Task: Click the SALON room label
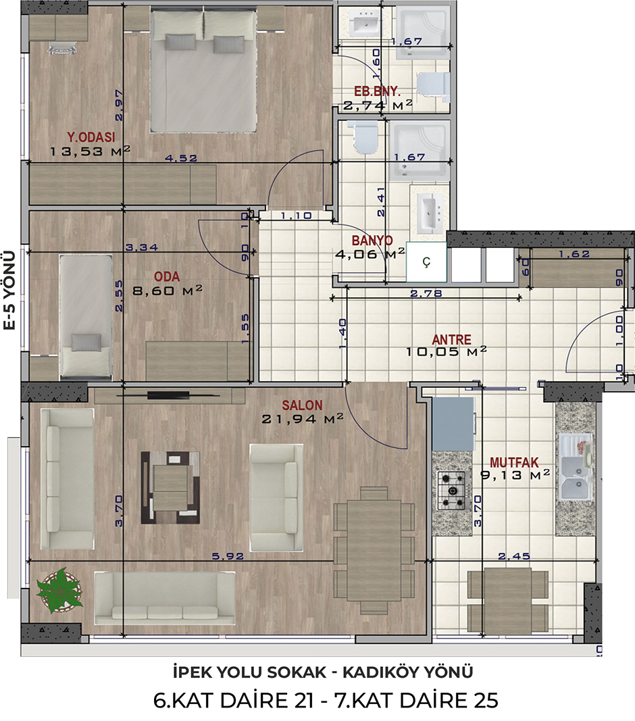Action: click(302, 405)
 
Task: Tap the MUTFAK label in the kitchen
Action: click(514, 462)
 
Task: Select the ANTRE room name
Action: click(451, 339)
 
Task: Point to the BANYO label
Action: click(372, 241)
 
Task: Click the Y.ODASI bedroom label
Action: click(91, 137)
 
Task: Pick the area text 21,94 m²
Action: click(303, 418)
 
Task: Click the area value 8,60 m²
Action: click(168, 290)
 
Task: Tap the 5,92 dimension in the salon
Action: click(228, 556)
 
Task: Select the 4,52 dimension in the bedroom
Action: click(181, 158)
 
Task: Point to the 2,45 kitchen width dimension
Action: click(514, 556)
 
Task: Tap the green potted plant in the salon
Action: click(59, 590)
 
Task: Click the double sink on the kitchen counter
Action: click(575, 468)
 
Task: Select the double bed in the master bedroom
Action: click(204, 71)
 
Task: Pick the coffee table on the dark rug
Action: click(170, 488)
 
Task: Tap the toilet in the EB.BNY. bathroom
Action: click(433, 87)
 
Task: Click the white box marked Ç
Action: click(427, 262)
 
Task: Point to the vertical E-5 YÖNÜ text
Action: click(10, 290)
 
